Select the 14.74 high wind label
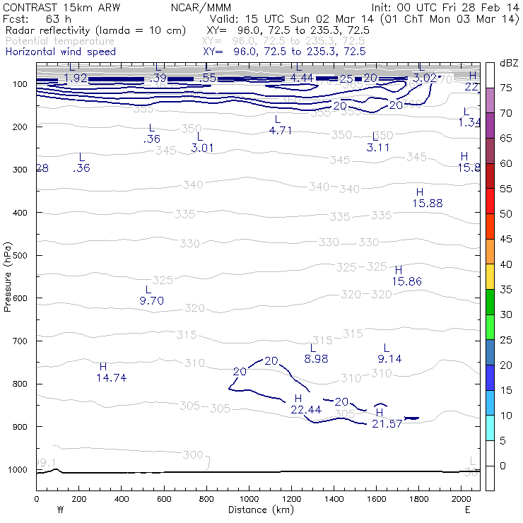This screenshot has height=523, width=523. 111,378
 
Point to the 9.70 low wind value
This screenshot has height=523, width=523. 152,300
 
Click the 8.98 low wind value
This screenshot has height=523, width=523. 316,359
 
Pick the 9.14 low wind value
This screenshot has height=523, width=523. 389,359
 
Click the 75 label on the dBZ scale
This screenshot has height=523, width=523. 506,88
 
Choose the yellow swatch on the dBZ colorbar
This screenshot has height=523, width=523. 490,278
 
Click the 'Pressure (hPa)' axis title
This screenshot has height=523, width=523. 8,277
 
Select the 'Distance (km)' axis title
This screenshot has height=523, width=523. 259,510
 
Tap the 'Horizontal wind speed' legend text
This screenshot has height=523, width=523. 60,52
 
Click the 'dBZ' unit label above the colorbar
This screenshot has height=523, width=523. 507,63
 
